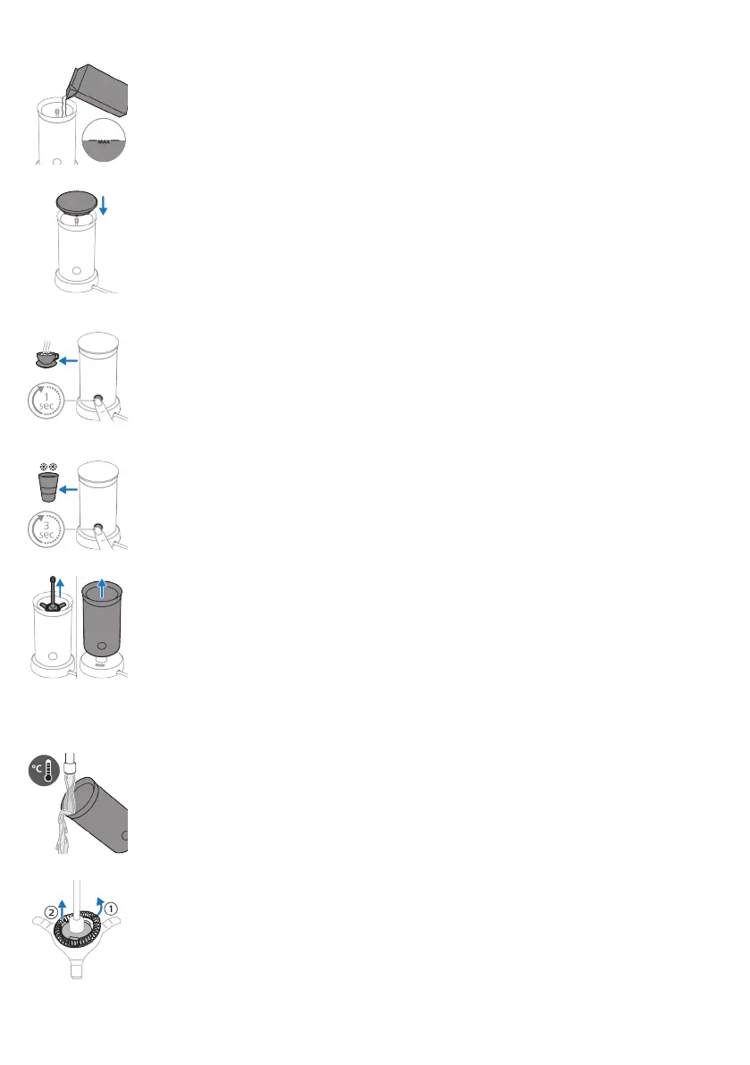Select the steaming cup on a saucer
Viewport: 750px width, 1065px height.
(45, 359)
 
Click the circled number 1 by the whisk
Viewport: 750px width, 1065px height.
(111, 906)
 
